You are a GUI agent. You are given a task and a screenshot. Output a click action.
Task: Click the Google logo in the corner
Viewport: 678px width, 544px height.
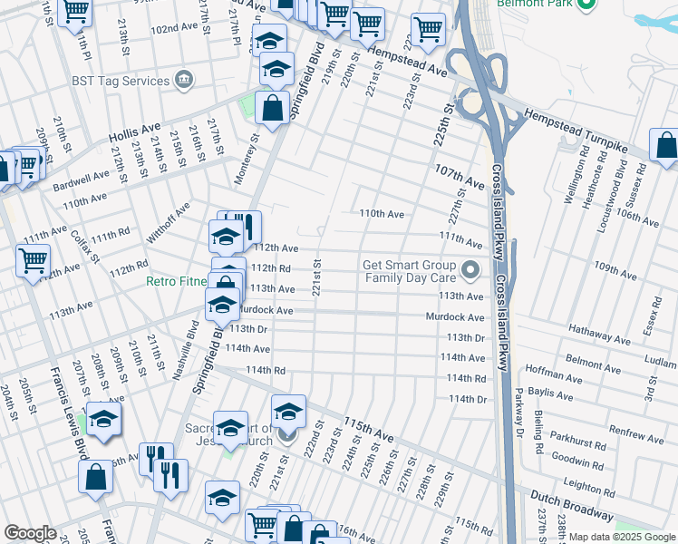30,533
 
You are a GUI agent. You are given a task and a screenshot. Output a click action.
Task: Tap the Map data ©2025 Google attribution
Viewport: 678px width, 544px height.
622,537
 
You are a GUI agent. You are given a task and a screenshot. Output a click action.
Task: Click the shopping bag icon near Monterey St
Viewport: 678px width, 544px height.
272,108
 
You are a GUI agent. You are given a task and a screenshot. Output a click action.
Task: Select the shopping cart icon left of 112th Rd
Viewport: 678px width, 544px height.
33,262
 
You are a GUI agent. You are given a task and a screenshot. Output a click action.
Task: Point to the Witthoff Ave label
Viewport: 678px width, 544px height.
170,223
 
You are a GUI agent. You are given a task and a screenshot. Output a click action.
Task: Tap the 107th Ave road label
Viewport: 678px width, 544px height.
460,177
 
